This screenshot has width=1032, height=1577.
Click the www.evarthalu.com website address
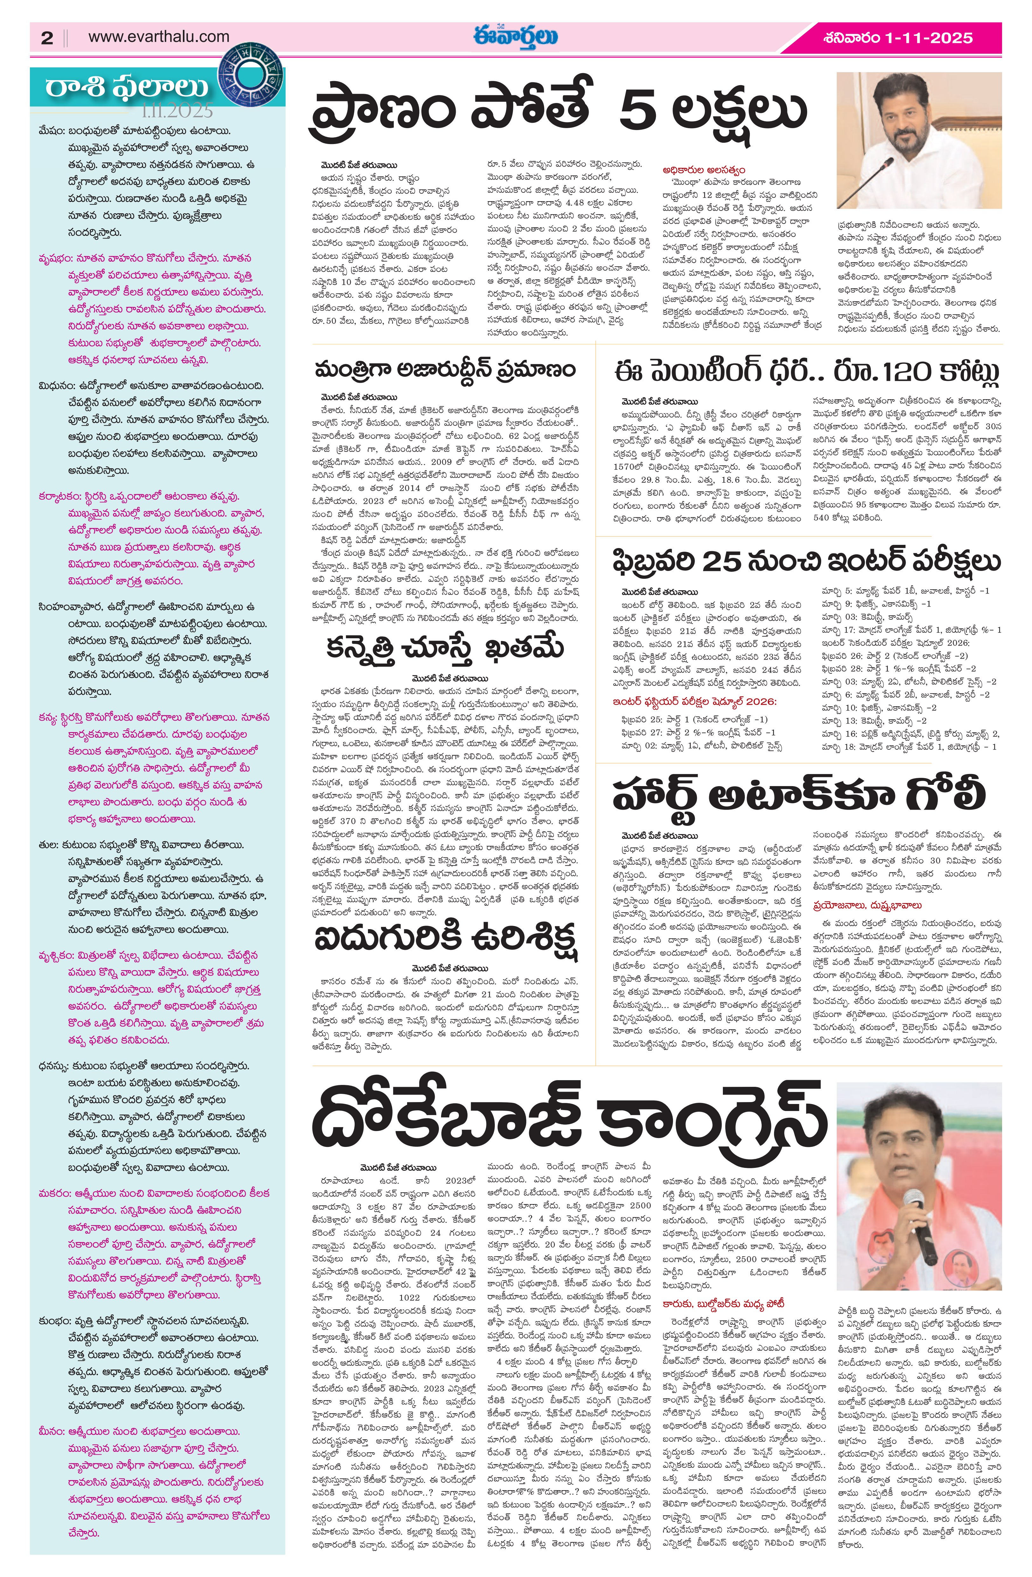[159, 37]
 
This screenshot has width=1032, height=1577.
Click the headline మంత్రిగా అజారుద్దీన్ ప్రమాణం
[446, 370]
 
